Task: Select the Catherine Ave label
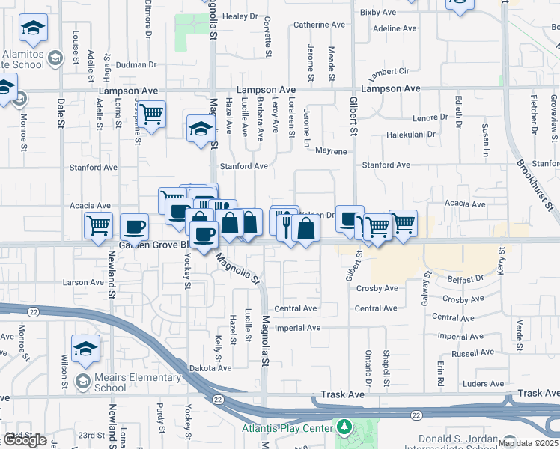pyautogui.click(x=320, y=25)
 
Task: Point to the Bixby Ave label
pyautogui.click(x=377, y=13)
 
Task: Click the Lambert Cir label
pyautogui.click(x=388, y=75)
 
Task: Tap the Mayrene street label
pyautogui.click(x=331, y=151)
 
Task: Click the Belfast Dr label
pyautogui.click(x=460, y=279)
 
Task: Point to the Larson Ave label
pyautogui.click(x=82, y=282)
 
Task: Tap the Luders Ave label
pyautogui.click(x=463, y=383)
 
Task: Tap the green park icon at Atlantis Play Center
pyautogui.click(x=344, y=427)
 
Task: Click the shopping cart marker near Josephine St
pyautogui.click(x=152, y=114)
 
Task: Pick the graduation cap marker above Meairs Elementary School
pyautogui.click(x=86, y=348)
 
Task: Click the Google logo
pyautogui.click(x=24, y=440)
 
